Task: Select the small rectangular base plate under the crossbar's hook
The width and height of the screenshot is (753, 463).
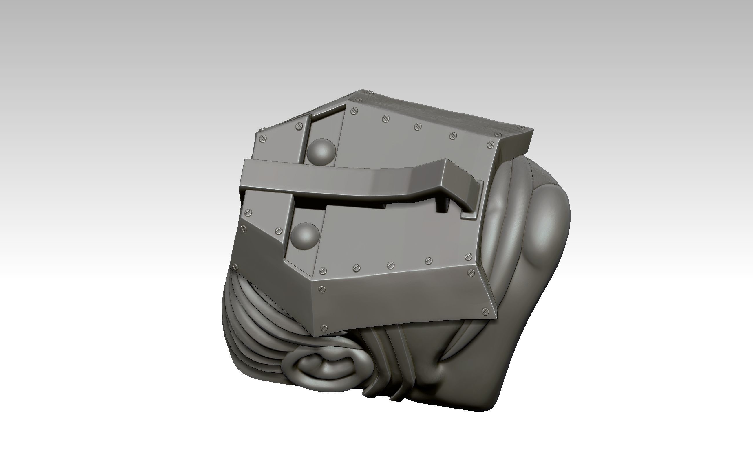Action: coord(469,216)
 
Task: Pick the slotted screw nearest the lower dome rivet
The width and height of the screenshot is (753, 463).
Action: coord(279,231)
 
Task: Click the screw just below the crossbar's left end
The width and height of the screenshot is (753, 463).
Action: coord(248,212)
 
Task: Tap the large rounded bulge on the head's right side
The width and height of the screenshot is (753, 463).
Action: coord(549,227)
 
